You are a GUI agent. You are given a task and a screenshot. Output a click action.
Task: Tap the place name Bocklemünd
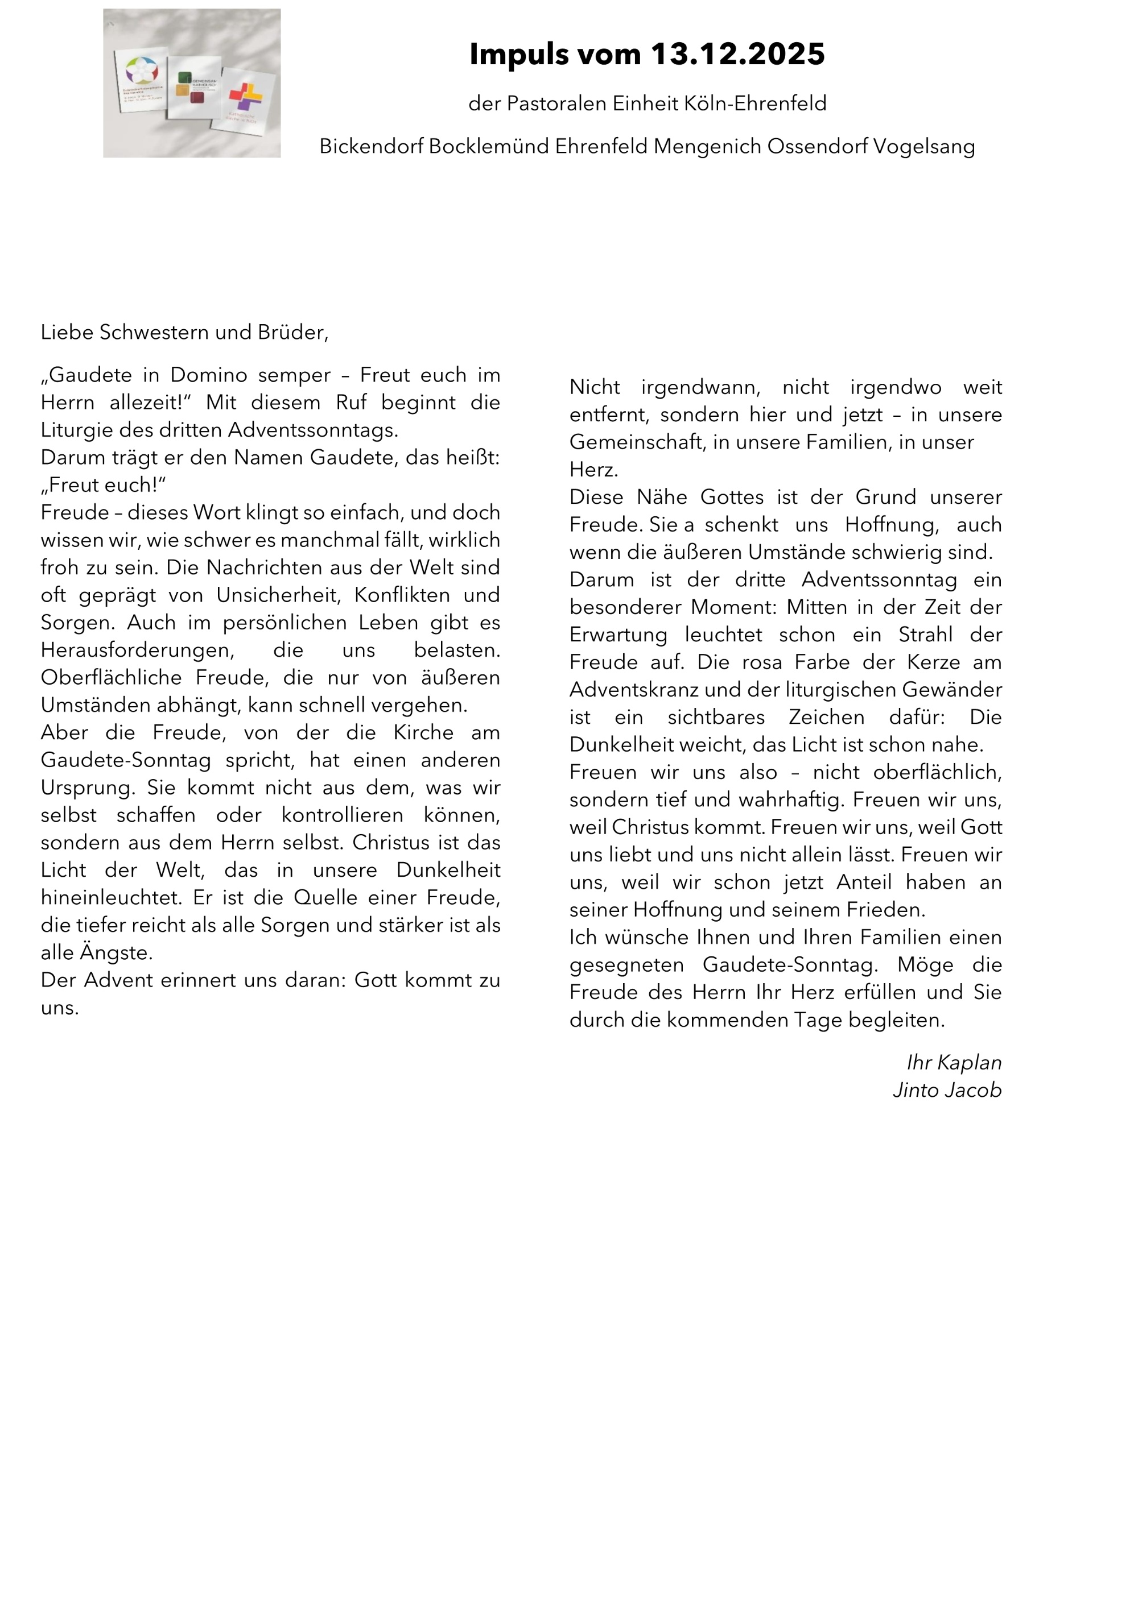pos(488,146)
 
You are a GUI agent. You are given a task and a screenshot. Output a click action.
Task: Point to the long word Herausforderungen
pos(137,650)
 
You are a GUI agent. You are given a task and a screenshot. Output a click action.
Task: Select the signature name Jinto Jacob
pos(947,1090)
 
